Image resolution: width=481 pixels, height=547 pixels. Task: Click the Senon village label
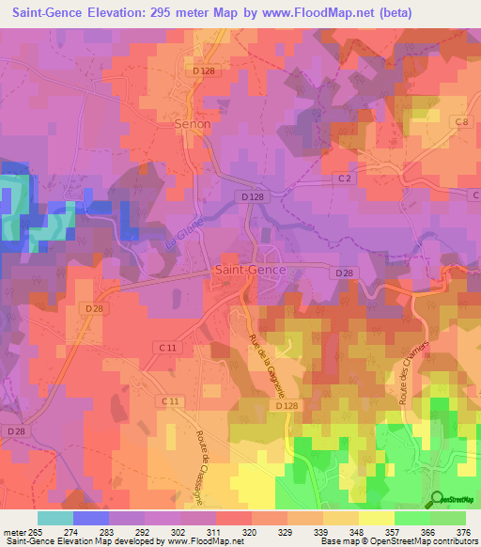click(192, 123)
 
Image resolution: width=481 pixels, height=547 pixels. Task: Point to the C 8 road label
click(460, 122)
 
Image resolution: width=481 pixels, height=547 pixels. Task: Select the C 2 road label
click(344, 178)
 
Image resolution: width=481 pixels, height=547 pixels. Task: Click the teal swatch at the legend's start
click(54, 518)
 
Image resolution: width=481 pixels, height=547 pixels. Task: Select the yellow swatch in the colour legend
click(376, 518)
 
